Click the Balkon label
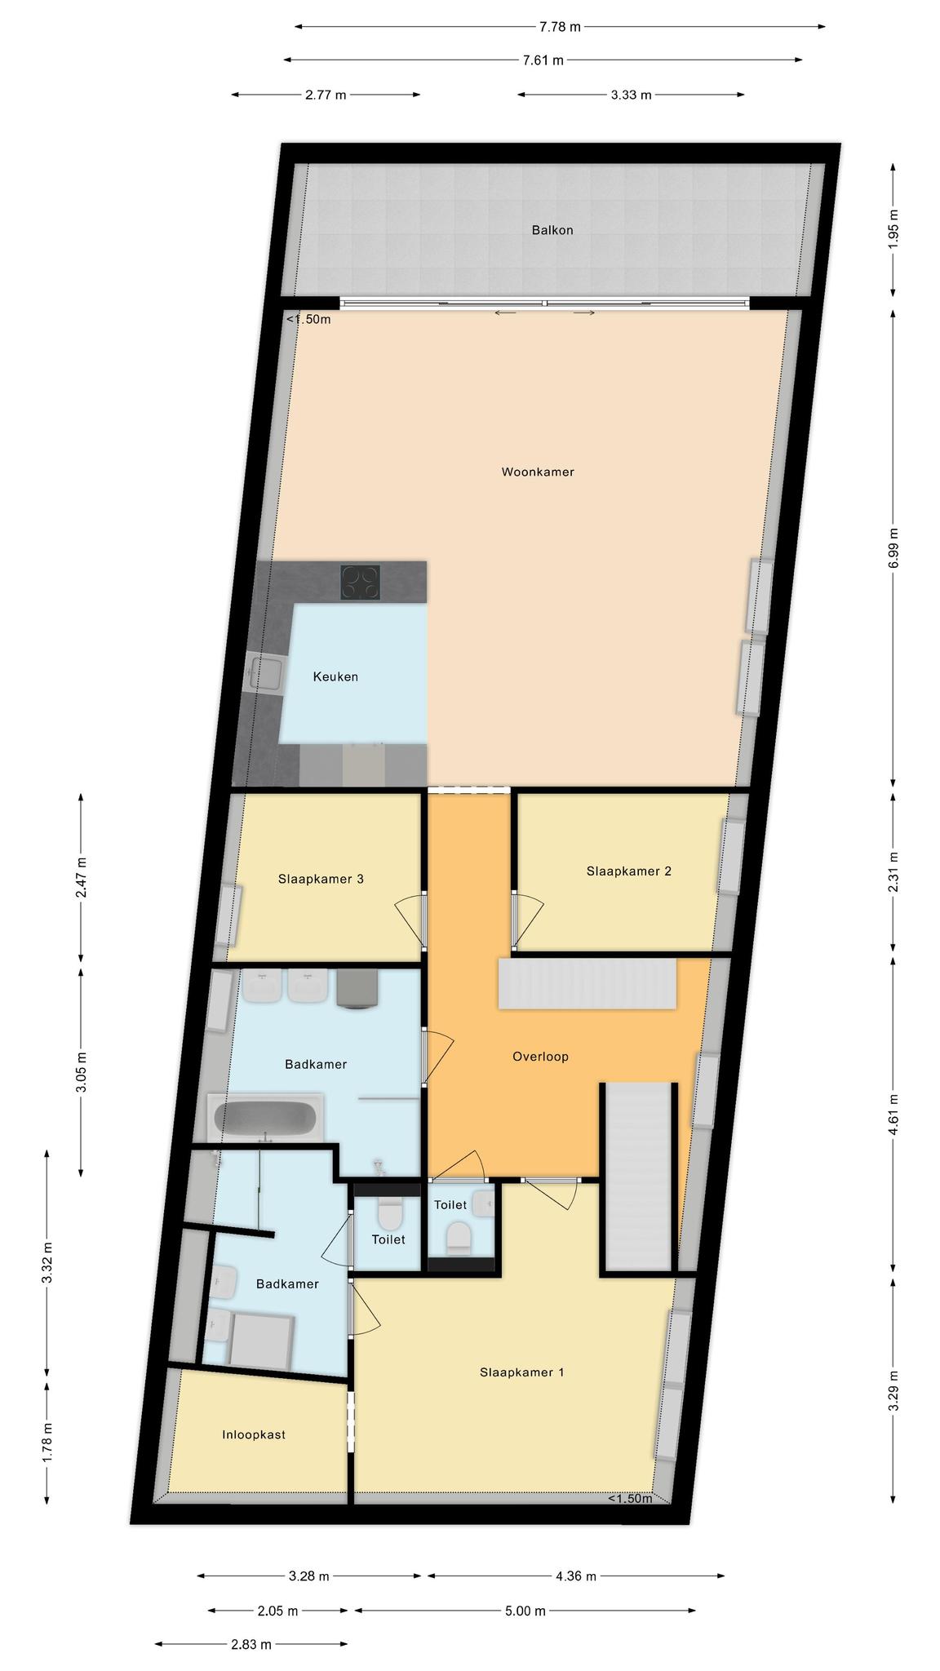click(x=552, y=230)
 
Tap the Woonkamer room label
click(x=538, y=472)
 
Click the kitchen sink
click(x=266, y=674)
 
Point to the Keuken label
click(x=335, y=676)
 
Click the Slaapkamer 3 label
click(x=321, y=879)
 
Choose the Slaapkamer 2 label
click(x=629, y=871)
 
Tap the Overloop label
click(x=540, y=1057)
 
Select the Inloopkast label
click(x=254, y=1434)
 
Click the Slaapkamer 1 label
click(x=522, y=1372)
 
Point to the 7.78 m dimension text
click(x=560, y=27)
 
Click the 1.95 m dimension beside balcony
click(x=893, y=230)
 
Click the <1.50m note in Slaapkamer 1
click(x=630, y=1498)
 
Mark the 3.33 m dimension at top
click(x=632, y=95)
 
